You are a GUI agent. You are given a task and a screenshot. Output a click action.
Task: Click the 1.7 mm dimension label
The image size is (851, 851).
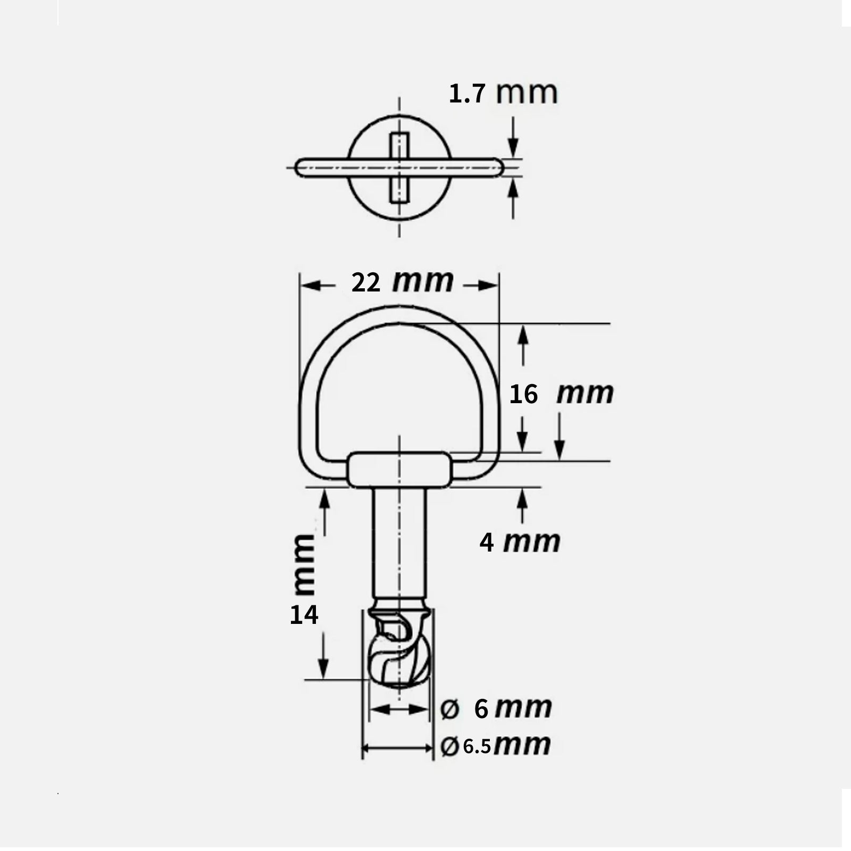tap(503, 94)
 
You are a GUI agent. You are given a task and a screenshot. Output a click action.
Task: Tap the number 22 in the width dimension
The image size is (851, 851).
tap(366, 282)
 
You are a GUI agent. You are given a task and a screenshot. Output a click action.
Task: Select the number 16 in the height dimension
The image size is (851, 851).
tap(523, 394)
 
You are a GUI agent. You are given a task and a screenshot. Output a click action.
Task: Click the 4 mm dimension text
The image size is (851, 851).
tap(520, 542)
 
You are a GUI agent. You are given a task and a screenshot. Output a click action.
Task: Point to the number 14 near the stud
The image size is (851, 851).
tap(304, 615)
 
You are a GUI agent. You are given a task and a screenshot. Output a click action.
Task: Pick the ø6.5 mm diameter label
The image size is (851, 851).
tap(495, 745)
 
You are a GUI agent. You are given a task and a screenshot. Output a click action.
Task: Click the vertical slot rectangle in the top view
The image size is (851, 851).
tap(399, 168)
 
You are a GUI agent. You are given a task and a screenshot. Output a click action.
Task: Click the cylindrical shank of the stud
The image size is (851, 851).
tap(399, 543)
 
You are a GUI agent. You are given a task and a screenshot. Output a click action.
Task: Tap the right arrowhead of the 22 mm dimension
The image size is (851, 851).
tap(488, 286)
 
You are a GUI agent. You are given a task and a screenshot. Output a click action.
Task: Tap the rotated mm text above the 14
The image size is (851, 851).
tap(304, 565)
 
